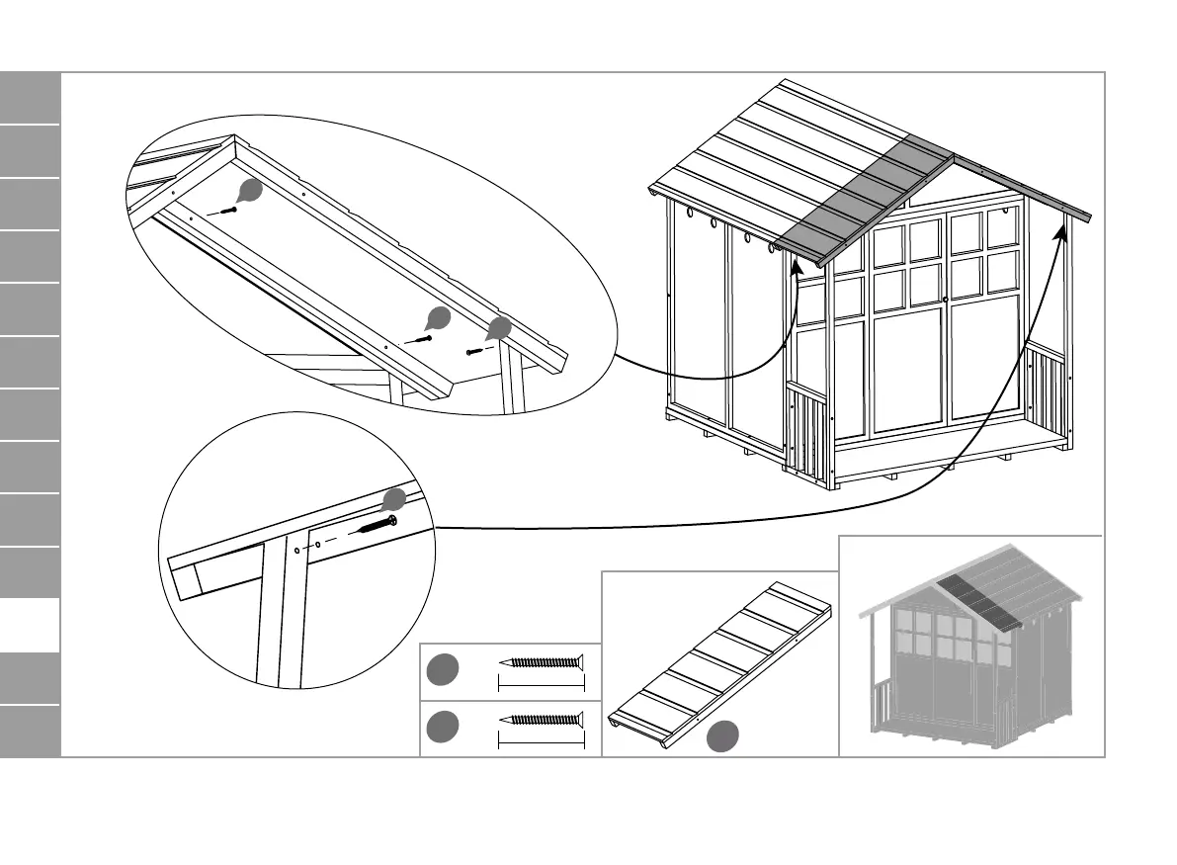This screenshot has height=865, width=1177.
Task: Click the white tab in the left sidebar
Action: (x=31, y=625)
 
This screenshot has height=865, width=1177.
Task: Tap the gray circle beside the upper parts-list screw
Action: (x=442, y=669)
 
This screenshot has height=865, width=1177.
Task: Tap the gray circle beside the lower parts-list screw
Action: (x=442, y=728)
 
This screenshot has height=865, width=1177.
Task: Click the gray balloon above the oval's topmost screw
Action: (x=251, y=191)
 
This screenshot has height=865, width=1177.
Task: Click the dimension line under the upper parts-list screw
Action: (x=543, y=683)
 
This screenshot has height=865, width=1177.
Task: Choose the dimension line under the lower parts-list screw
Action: (x=543, y=740)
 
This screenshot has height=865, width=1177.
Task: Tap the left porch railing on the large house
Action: (x=808, y=435)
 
